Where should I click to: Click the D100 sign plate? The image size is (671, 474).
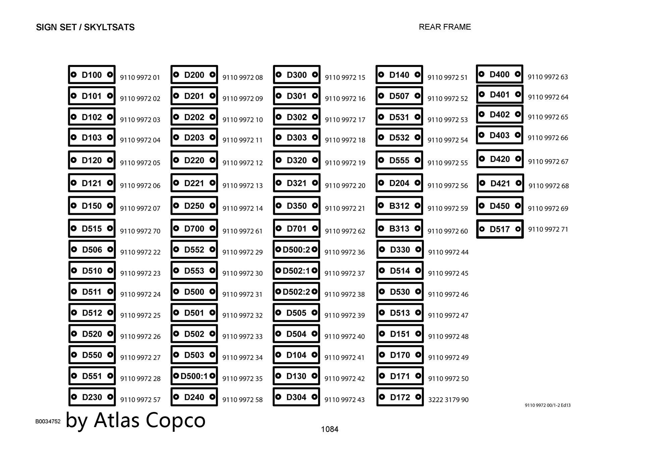92,74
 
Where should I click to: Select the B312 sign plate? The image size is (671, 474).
399,205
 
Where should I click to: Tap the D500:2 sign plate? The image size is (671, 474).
296,249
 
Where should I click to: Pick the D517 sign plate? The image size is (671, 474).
500,229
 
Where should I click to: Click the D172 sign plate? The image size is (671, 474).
400,397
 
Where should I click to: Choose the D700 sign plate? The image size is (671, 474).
194,228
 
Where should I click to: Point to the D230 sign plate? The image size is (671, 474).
92,397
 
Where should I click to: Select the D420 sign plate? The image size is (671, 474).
500,159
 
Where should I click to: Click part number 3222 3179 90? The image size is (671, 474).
448,400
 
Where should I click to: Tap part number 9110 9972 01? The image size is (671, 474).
140,77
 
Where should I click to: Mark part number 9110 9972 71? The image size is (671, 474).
548,229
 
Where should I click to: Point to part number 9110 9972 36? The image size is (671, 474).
345,252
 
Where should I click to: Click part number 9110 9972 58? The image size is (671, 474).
243,400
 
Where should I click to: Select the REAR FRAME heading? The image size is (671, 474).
445,27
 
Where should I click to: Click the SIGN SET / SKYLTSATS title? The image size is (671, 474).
85,27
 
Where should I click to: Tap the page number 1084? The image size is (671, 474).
329,429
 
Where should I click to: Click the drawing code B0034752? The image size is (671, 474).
48,421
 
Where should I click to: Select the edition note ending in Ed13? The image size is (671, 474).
548,405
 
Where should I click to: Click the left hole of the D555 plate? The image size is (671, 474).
381,160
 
